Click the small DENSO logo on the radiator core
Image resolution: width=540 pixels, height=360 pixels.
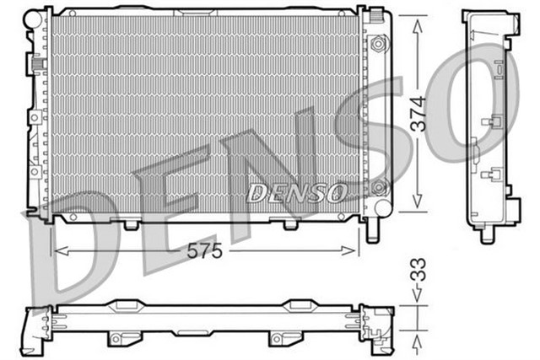pos(296,193)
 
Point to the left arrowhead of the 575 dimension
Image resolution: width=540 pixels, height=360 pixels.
pos(57,250)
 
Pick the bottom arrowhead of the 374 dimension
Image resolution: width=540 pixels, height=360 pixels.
pos(417,207)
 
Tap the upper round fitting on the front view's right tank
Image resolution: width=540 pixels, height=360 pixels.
pos(379,42)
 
